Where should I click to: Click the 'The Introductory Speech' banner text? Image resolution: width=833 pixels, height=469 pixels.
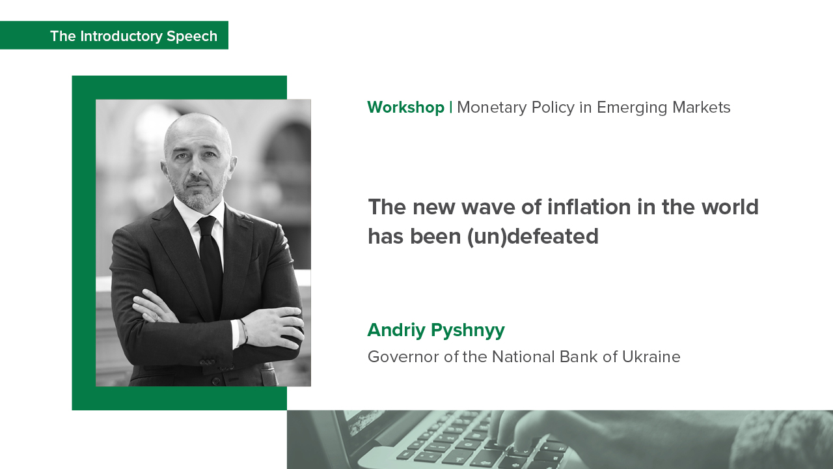(133, 36)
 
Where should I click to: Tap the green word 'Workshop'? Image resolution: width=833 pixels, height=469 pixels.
(405, 107)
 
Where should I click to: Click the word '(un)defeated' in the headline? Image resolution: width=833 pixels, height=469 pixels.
(533, 236)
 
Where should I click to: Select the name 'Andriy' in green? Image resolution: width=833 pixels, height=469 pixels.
(396, 330)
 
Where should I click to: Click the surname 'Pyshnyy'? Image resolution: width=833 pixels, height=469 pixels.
(468, 330)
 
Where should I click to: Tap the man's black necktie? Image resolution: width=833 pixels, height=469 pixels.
(211, 261)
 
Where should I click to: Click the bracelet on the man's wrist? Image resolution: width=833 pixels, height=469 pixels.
(243, 332)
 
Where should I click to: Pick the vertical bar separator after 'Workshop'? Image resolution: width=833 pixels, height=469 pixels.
(451, 107)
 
